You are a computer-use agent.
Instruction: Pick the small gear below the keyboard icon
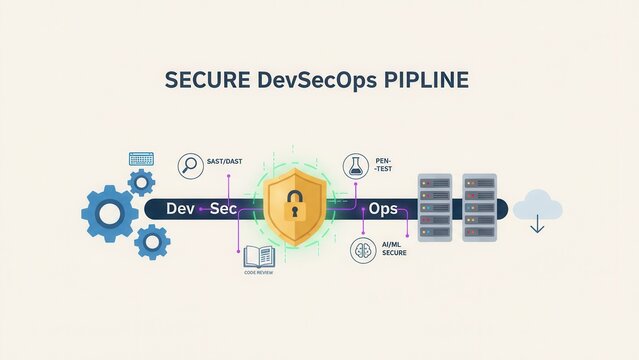coord(142,182)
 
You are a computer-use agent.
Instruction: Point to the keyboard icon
coord(141,159)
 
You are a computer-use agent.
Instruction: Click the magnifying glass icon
coord(190,166)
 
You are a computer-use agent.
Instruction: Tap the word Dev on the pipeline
coord(181,210)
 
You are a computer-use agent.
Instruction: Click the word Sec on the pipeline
coord(223,210)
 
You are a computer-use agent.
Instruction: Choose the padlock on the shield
coord(296,208)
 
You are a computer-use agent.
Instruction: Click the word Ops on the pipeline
coord(383,210)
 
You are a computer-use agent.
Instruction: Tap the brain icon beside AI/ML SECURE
coord(362,250)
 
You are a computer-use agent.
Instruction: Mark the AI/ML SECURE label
coord(393,249)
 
